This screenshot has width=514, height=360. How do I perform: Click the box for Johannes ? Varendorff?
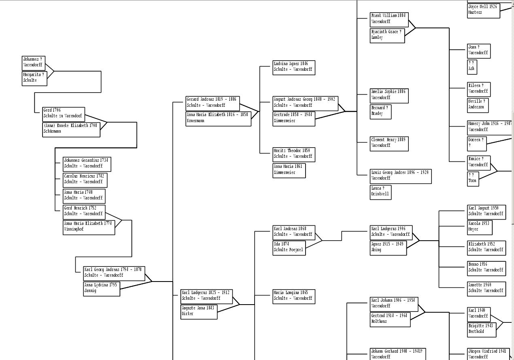coord(33,63)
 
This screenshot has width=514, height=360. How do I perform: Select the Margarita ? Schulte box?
coord(34,78)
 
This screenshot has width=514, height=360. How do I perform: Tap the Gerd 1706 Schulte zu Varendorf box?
coord(64,114)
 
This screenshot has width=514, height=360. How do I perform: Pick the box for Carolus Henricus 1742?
coord(85,180)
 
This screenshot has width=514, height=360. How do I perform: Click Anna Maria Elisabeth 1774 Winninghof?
coord(89,227)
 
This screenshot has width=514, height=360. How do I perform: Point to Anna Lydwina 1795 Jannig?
coord(102,288)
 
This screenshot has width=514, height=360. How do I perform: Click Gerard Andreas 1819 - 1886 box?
coord(212,103)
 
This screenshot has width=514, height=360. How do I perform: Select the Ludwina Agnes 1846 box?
coord(294,67)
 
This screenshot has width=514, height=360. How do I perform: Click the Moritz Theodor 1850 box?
coord(294,154)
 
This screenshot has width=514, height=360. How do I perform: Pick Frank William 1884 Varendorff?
coord(389,19)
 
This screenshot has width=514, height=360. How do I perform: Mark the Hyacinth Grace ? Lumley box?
coord(387,35)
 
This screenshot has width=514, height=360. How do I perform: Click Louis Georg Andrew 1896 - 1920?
coord(400,176)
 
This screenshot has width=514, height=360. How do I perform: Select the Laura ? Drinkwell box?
coord(380,192)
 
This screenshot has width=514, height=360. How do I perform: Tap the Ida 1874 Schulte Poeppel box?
coord(289,248)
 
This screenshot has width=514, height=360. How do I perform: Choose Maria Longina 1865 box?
coord(294,296)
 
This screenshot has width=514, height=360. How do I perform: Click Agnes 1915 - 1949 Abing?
coord(388,248)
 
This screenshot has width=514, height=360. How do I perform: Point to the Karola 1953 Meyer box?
coord(480,227)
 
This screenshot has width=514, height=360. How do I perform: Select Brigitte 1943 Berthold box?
coord(481,329)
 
